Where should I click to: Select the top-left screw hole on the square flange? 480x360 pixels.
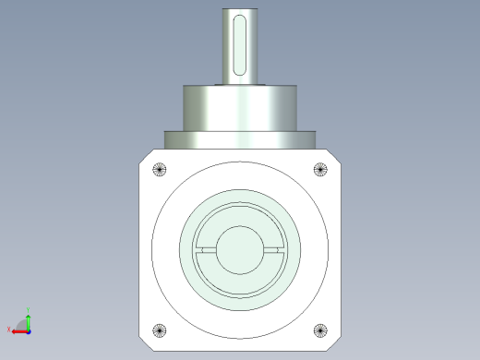159,169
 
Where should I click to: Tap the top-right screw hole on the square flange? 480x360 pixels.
320,169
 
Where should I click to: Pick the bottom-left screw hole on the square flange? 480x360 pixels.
159,330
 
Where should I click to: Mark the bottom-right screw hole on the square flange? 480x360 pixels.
320,330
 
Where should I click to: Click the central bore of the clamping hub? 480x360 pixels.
239,249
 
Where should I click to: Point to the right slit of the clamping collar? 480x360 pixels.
274,249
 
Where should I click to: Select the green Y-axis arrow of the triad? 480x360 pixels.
29,320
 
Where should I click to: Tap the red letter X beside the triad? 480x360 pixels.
8,329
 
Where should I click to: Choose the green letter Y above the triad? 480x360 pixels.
29,310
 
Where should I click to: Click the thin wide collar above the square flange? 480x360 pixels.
239,139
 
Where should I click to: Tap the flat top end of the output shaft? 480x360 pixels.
239,11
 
